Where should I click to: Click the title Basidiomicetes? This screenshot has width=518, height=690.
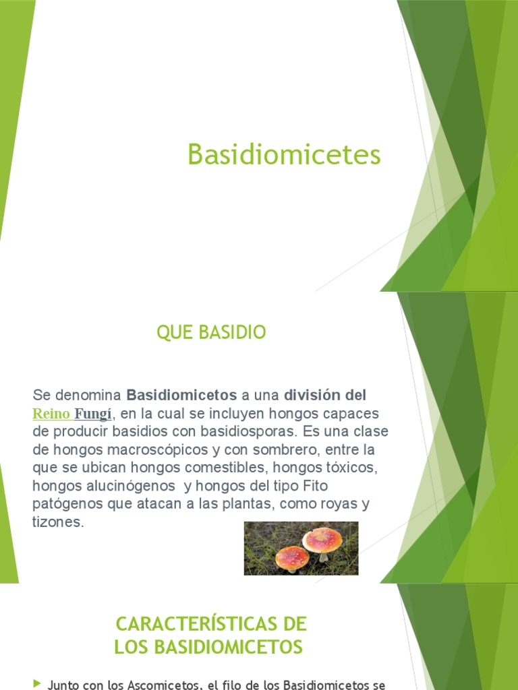(x=284, y=155)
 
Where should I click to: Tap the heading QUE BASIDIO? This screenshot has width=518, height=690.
(x=211, y=332)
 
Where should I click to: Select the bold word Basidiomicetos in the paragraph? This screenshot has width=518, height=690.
(x=182, y=394)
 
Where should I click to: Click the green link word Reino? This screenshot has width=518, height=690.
(x=51, y=413)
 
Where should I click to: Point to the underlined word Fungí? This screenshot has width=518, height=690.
(x=92, y=413)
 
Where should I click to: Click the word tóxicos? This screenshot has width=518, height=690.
(x=343, y=467)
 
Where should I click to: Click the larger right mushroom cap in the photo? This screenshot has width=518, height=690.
(x=322, y=538)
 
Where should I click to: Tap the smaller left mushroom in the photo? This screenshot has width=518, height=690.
(x=292, y=557)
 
